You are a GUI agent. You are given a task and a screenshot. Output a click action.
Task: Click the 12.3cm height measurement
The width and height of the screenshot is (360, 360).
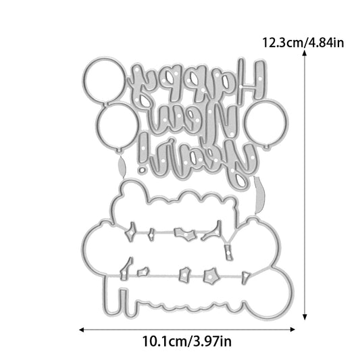coord(282,43)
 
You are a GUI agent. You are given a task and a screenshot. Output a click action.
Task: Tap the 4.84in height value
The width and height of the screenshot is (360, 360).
coord(325,43)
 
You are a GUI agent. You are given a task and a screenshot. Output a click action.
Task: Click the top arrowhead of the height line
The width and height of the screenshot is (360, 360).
coord(305,53)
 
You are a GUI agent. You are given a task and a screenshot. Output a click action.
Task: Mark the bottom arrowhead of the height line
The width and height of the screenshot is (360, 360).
coord(305,317)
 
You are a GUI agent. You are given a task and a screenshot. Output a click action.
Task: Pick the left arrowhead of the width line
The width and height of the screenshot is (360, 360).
coord(82,330)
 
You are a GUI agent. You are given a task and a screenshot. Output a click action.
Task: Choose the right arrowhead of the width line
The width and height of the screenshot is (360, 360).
coord(292,330)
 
